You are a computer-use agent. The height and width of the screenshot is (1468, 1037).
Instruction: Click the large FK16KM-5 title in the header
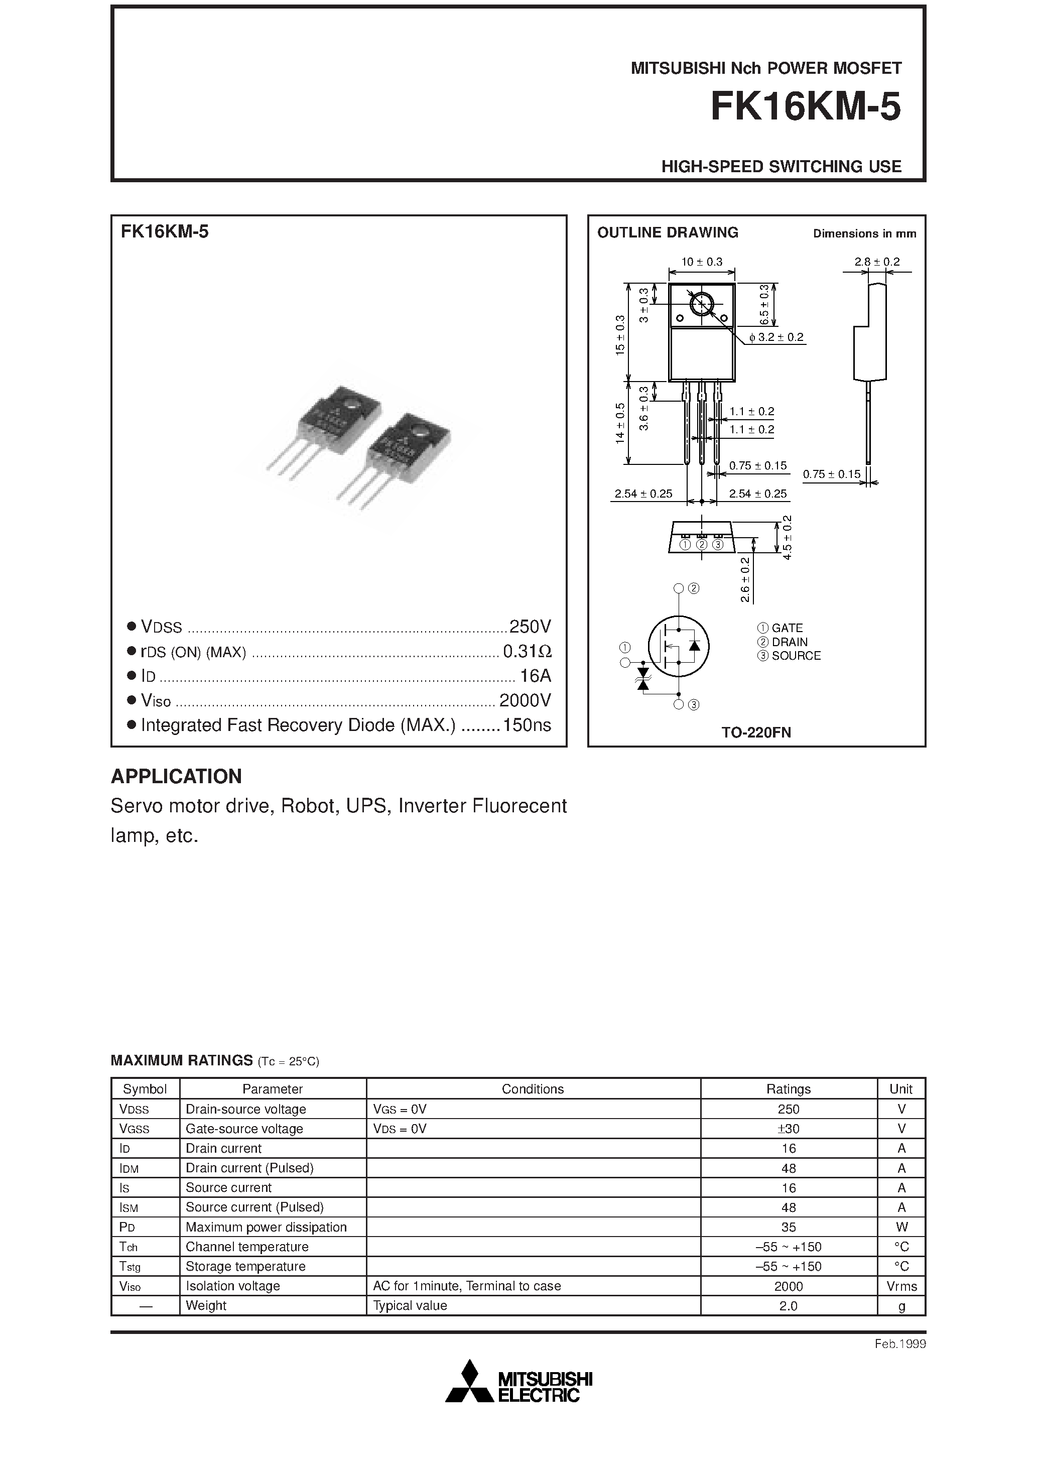click(x=806, y=107)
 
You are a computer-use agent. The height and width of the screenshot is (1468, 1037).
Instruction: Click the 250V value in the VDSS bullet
click(x=530, y=626)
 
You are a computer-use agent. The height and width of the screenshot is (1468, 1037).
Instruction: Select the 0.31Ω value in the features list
click(x=527, y=652)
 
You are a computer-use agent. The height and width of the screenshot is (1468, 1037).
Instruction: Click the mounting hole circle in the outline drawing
click(x=702, y=304)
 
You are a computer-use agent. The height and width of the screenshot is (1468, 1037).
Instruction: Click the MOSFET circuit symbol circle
click(x=678, y=646)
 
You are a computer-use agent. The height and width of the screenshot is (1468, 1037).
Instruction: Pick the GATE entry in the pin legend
click(x=780, y=629)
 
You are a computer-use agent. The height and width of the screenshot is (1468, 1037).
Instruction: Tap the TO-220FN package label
click(x=756, y=732)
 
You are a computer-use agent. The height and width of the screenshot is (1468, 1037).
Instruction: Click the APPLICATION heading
click(x=177, y=776)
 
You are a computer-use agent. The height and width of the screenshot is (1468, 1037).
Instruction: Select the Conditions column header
click(x=533, y=1089)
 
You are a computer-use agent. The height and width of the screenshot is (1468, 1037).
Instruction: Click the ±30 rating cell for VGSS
click(x=789, y=1129)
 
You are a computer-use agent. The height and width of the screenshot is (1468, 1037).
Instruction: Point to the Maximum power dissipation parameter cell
click(x=266, y=1227)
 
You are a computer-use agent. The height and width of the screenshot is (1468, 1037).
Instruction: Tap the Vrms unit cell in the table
click(x=901, y=1286)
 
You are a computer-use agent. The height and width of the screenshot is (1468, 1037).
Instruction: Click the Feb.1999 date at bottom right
click(x=899, y=1344)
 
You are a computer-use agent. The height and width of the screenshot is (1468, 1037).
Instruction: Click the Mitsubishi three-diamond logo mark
click(x=470, y=1384)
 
